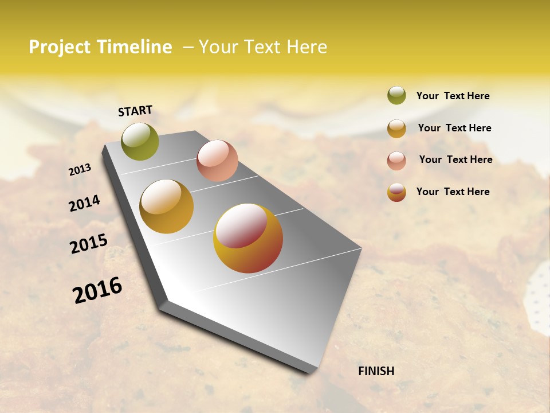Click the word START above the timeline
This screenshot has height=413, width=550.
point(135,111)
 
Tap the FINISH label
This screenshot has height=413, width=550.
point(376,371)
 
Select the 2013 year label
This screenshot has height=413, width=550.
point(80,170)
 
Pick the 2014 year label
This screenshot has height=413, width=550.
point(84,203)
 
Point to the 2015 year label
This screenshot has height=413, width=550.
point(89,244)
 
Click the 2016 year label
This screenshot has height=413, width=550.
point(97,290)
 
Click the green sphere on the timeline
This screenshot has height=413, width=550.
point(140,141)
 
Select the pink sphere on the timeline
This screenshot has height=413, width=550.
point(217,161)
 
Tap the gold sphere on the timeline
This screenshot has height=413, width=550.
point(167,206)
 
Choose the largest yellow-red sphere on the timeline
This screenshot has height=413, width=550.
point(248,238)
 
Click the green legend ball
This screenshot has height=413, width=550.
point(396,95)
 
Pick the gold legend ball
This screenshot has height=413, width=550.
point(396,128)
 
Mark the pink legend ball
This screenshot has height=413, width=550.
point(396,161)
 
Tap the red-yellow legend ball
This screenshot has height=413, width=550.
point(396,192)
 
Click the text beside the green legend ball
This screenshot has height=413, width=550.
point(453,96)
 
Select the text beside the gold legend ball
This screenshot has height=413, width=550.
point(454,128)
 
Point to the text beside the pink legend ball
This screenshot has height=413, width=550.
point(455,159)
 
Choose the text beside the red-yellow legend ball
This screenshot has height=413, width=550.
point(453,192)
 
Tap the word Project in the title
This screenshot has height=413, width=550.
point(60,47)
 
